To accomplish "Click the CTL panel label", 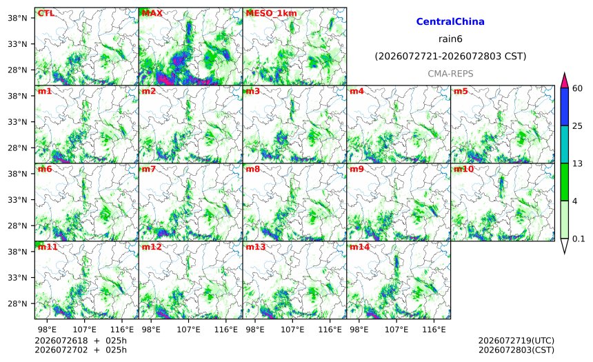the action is (x=46, y=13).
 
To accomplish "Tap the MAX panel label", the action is (x=152, y=13).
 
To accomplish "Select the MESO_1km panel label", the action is (x=271, y=13).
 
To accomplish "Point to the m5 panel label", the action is (x=461, y=91).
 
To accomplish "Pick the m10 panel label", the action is (x=463, y=169).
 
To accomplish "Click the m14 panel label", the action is (x=360, y=247).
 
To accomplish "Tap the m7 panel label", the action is (x=149, y=169).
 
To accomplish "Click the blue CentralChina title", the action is (x=450, y=21).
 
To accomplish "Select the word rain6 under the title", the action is (x=450, y=39).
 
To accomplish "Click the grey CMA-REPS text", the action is (x=450, y=74).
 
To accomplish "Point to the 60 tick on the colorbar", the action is (x=578, y=88).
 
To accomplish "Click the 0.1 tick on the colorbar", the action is (x=579, y=239).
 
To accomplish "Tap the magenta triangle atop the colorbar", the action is (x=564, y=80).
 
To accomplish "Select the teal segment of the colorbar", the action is (x=564, y=145).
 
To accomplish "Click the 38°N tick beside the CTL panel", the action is (x=17, y=18).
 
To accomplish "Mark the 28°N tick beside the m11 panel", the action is (x=17, y=304).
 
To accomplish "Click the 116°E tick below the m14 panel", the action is (x=434, y=330).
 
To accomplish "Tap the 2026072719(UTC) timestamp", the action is (x=516, y=341).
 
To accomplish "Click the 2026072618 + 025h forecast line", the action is (x=81, y=341).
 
